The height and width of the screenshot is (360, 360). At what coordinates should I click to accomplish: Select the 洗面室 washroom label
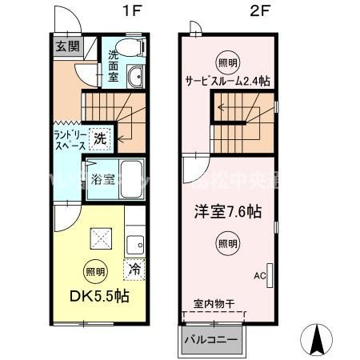tap(114, 70)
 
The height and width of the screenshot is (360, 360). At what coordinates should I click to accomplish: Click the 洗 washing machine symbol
tap(99, 138)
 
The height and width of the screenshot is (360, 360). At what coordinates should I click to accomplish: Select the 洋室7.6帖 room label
tap(229, 212)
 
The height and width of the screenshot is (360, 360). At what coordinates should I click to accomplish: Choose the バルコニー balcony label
tap(211, 339)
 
